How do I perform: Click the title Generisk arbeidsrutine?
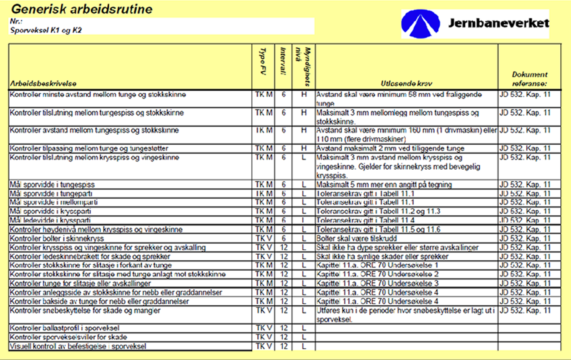click(82, 9)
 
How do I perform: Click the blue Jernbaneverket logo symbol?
click(420, 24)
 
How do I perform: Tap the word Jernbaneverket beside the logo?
click(499, 23)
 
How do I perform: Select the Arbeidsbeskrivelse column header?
click(43, 84)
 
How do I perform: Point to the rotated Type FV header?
click(263, 61)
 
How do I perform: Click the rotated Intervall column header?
click(283, 61)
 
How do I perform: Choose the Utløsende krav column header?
click(406, 84)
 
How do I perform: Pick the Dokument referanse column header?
click(529, 79)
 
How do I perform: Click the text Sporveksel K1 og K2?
click(46, 30)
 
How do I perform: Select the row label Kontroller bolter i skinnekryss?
click(57, 239)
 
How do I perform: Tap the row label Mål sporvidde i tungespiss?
click(52, 185)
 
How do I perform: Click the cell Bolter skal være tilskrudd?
click(357, 239)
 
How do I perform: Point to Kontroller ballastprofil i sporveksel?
click(65, 328)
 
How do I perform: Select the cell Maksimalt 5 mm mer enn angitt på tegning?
click(384, 185)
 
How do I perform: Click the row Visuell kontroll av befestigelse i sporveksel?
click(78, 346)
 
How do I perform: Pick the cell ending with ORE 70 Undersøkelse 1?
click(377, 265)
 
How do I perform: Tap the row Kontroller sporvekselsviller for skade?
click(68, 337)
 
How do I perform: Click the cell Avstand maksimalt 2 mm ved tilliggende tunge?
click(390, 148)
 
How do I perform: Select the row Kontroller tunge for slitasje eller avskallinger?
click(80, 284)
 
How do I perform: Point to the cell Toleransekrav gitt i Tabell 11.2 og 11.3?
click(378, 211)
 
